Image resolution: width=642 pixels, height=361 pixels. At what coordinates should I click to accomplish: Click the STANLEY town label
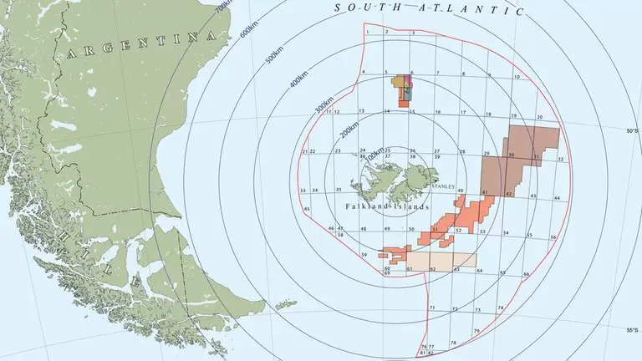coord(443,186)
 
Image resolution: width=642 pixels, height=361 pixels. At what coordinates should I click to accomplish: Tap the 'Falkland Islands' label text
coord(386,206)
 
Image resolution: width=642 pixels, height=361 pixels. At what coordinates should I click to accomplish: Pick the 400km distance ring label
coord(299,85)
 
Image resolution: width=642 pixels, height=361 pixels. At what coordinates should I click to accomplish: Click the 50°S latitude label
coord(632,131)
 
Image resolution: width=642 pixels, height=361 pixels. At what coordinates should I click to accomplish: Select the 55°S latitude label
coord(632,330)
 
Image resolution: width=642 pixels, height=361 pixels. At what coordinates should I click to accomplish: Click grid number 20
coord(540,118)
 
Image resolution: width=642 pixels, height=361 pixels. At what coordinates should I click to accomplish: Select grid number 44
coord(557,198)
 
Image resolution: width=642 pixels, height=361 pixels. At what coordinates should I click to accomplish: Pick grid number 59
coord(364,254)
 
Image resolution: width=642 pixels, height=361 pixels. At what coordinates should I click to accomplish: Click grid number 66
coord(526,274)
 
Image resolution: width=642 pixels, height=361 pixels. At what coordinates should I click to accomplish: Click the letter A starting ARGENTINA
coord(70,53)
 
